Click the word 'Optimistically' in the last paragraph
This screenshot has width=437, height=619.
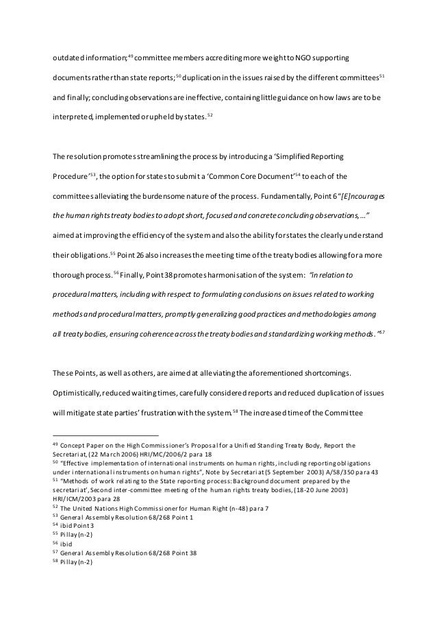click(77, 394)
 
